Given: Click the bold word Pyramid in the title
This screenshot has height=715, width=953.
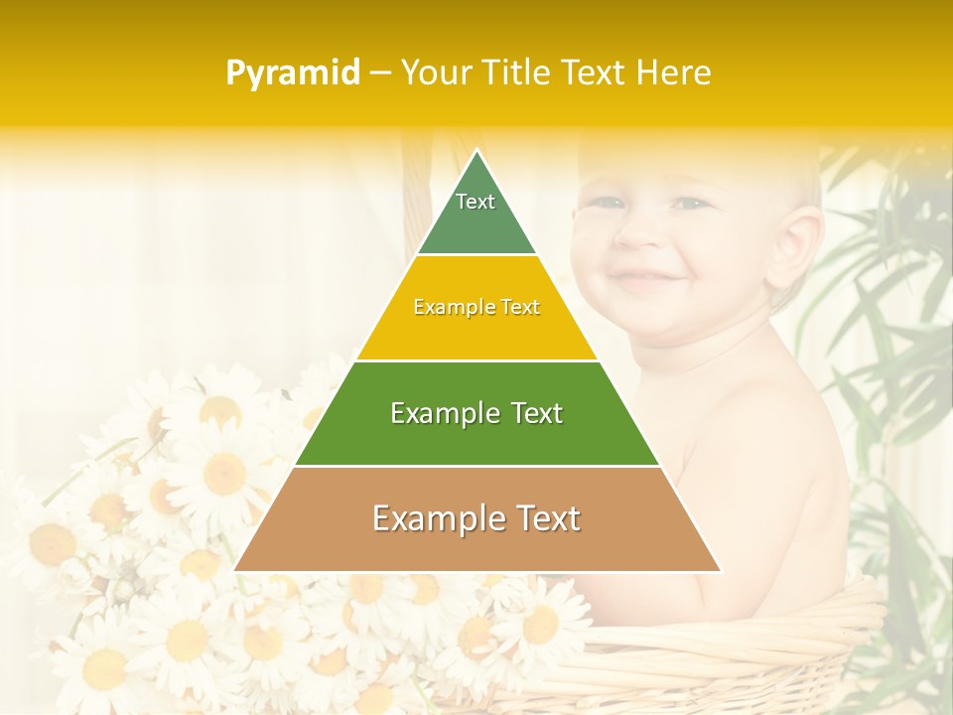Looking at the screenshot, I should (x=293, y=72).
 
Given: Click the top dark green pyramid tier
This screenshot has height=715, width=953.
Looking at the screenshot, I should (x=476, y=214).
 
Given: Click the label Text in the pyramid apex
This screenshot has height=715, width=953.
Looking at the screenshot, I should (x=476, y=202).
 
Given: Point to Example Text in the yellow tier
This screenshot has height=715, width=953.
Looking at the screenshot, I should (x=476, y=307).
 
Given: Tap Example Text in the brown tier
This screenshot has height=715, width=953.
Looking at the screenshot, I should (x=476, y=518).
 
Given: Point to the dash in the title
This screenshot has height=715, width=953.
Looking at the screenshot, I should (x=380, y=72).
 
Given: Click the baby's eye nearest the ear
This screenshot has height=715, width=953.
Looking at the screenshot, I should (x=692, y=203).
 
